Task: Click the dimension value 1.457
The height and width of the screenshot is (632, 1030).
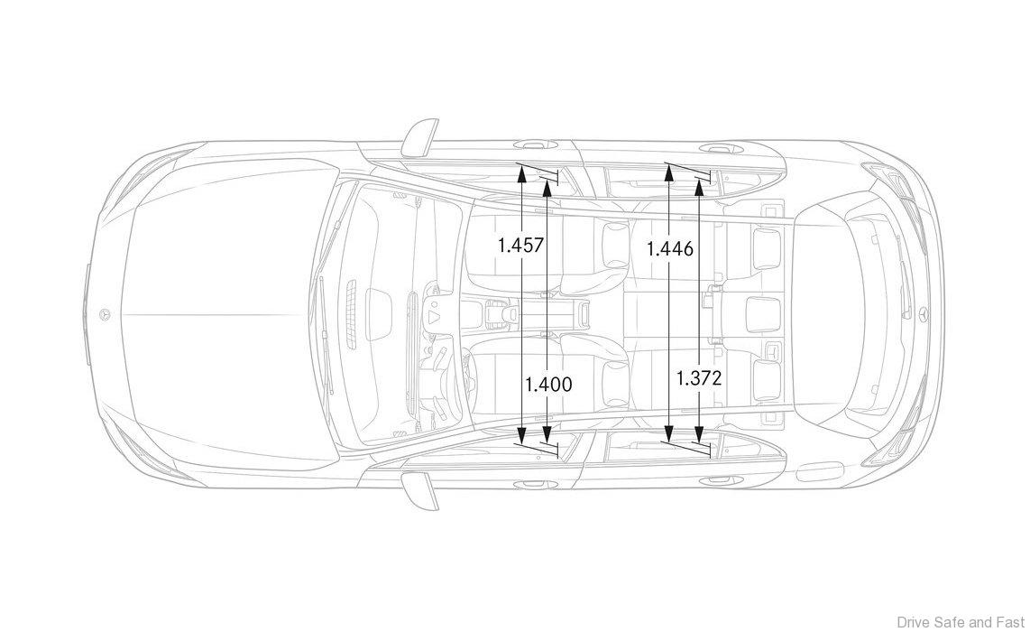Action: click(521, 246)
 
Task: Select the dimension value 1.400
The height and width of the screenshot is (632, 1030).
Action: click(548, 384)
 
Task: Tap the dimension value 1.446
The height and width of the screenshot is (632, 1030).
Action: click(670, 248)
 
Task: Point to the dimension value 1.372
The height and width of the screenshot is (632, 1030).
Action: click(699, 377)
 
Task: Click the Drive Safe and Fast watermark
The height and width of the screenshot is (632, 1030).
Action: click(961, 621)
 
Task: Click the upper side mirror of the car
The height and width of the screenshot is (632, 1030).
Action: click(421, 135)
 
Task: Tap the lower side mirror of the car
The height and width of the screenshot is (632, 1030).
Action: click(421, 491)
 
